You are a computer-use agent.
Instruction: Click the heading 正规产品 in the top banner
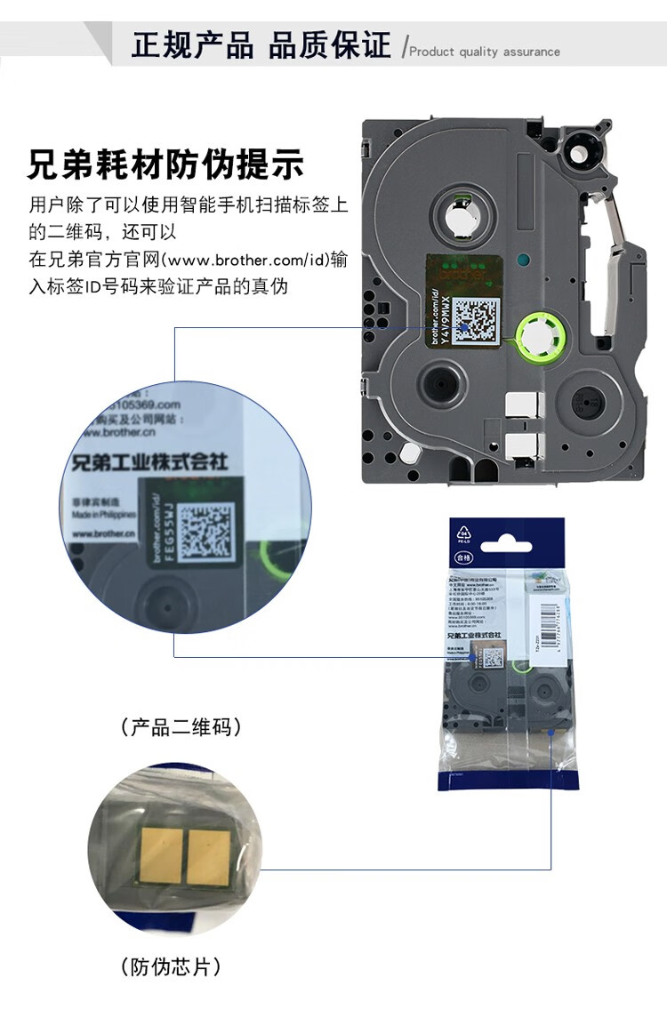tap(192, 45)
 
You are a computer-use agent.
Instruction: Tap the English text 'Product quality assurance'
tap(485, 52)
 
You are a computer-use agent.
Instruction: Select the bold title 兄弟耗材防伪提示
tap(166, 165)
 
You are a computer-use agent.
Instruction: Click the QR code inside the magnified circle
tap(205, 531)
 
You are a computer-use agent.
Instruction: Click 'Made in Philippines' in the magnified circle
tap(103, 515)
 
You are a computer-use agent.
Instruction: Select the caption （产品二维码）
tap(181, 727)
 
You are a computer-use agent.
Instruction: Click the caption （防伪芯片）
tap(170, 966)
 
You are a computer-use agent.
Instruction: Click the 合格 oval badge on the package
tap(463, 557)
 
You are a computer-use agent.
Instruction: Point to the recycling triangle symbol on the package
tap(463, 533)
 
